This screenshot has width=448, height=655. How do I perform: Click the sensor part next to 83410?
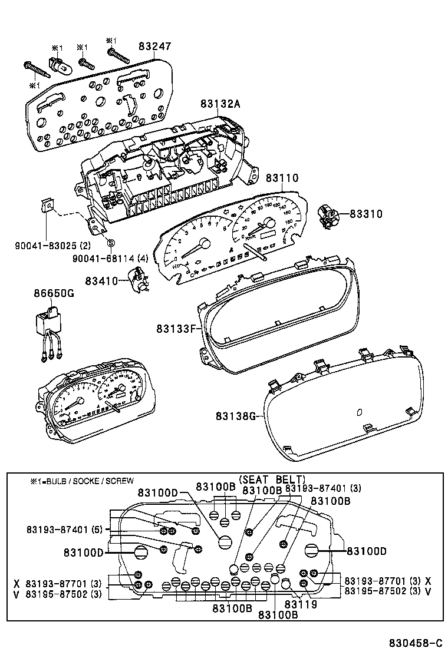(139, 279)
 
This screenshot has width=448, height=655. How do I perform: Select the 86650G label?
(54, 293)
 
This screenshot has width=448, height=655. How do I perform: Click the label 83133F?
(180, 328)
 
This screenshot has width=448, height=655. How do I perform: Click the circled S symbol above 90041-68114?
(111, 243)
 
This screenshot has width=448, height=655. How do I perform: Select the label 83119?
(301, 604)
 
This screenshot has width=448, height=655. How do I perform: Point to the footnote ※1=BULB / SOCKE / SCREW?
(82, 481)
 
